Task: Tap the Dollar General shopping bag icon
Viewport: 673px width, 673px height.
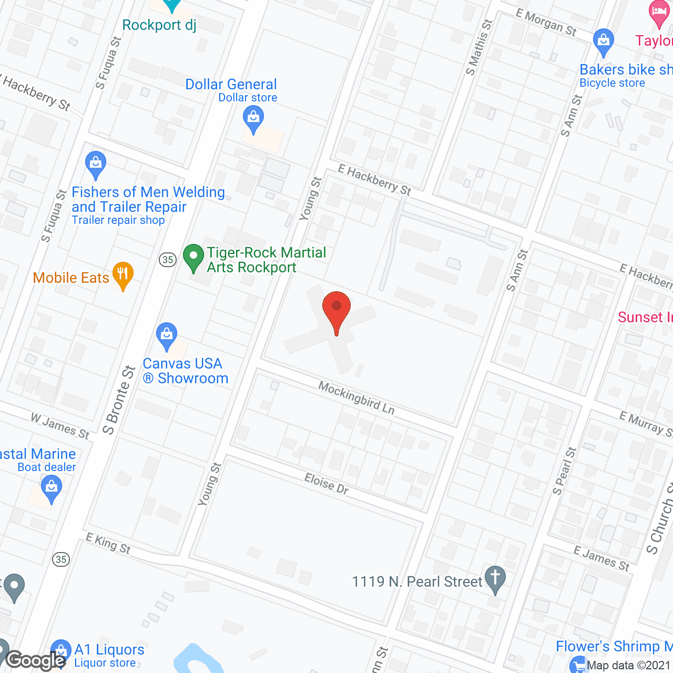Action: tap(253, 119)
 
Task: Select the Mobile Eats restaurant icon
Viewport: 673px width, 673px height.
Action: tap(123, 274)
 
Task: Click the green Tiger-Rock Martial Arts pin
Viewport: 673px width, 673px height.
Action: tap(193, 258)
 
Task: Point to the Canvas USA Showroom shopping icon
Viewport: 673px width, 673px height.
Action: tap(167, 335)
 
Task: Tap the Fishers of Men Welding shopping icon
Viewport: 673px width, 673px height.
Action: tap(96, 164)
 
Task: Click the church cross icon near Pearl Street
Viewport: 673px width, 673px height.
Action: tap(495, 579)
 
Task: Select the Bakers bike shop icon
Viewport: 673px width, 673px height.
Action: tap(603, 42)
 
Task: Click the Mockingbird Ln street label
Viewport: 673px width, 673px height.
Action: tap(356, 398)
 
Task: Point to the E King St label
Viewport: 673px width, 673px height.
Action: tap(108, 543)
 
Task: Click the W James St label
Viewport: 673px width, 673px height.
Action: tap(60, 426)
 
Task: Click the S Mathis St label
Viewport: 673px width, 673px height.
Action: tap(479, 47)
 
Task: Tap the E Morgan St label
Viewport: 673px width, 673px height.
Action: tap(546, 23)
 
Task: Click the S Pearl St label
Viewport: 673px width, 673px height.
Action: tap(564, 471)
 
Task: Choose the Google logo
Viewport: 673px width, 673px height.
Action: tap(36, 660)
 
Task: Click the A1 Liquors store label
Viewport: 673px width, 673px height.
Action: tap(109, 650)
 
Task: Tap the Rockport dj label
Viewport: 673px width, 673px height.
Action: tap(159, 25)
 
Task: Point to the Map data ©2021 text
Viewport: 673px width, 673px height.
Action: tap(629, 665)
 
